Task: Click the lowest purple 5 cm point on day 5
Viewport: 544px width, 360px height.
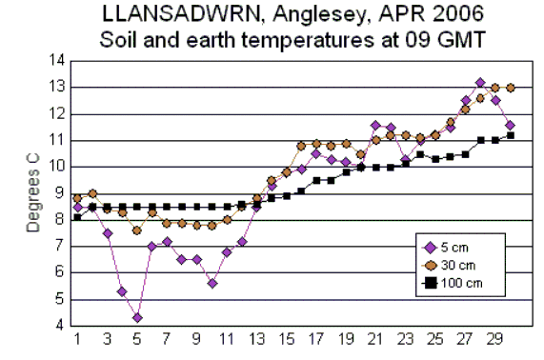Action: (137, 317)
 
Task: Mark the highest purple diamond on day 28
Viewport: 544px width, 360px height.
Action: (480, 83)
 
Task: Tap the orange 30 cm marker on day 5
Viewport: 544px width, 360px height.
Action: (137, 230)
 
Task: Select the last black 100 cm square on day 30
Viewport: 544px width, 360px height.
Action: (511, 135)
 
